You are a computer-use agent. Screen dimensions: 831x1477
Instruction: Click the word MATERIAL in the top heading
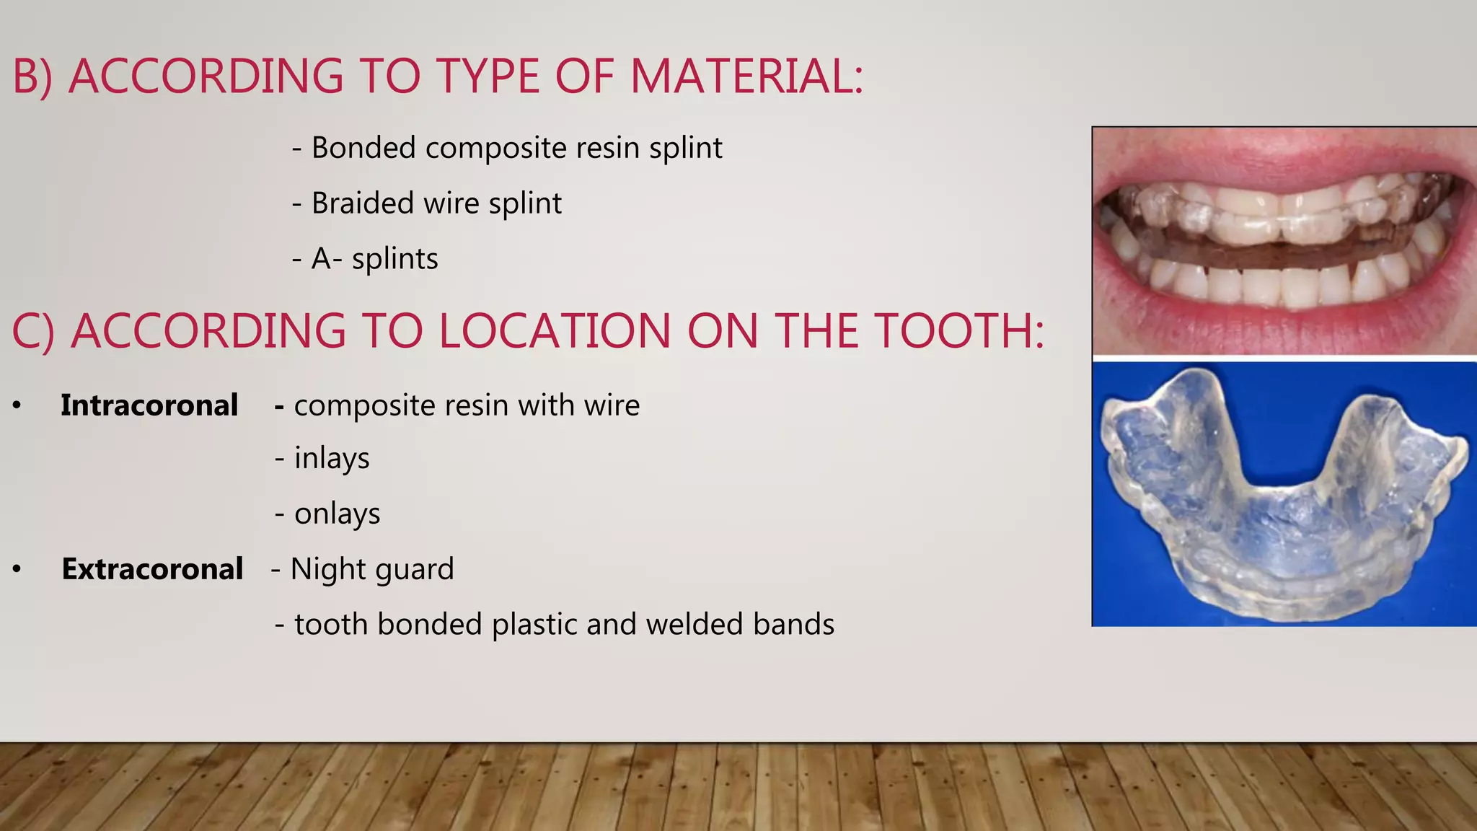[x=746, y=76]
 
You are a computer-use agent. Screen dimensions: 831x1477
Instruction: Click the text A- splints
[x=374, y=259]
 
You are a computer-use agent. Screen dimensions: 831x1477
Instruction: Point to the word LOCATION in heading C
[x=554, y=332]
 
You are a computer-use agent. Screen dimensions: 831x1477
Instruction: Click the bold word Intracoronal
[x=149, y=405]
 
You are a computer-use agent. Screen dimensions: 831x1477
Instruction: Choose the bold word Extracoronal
[x=152, y=569]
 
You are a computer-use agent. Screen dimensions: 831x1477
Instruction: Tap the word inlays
[x=332, y=459]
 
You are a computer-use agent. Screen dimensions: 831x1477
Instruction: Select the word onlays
[x=337, y=514]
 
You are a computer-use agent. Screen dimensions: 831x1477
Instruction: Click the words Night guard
[x=372, y=569]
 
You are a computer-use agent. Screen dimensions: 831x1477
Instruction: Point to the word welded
[x=695, y=625]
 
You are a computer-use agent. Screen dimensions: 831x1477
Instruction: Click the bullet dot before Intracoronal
[x=17, y=406]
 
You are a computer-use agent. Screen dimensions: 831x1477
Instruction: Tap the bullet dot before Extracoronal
[x=17, y=570]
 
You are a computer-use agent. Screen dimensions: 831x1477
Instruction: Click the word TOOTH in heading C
[x=958, y=332]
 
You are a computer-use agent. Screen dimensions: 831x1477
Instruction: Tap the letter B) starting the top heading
[x=32, y=76]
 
